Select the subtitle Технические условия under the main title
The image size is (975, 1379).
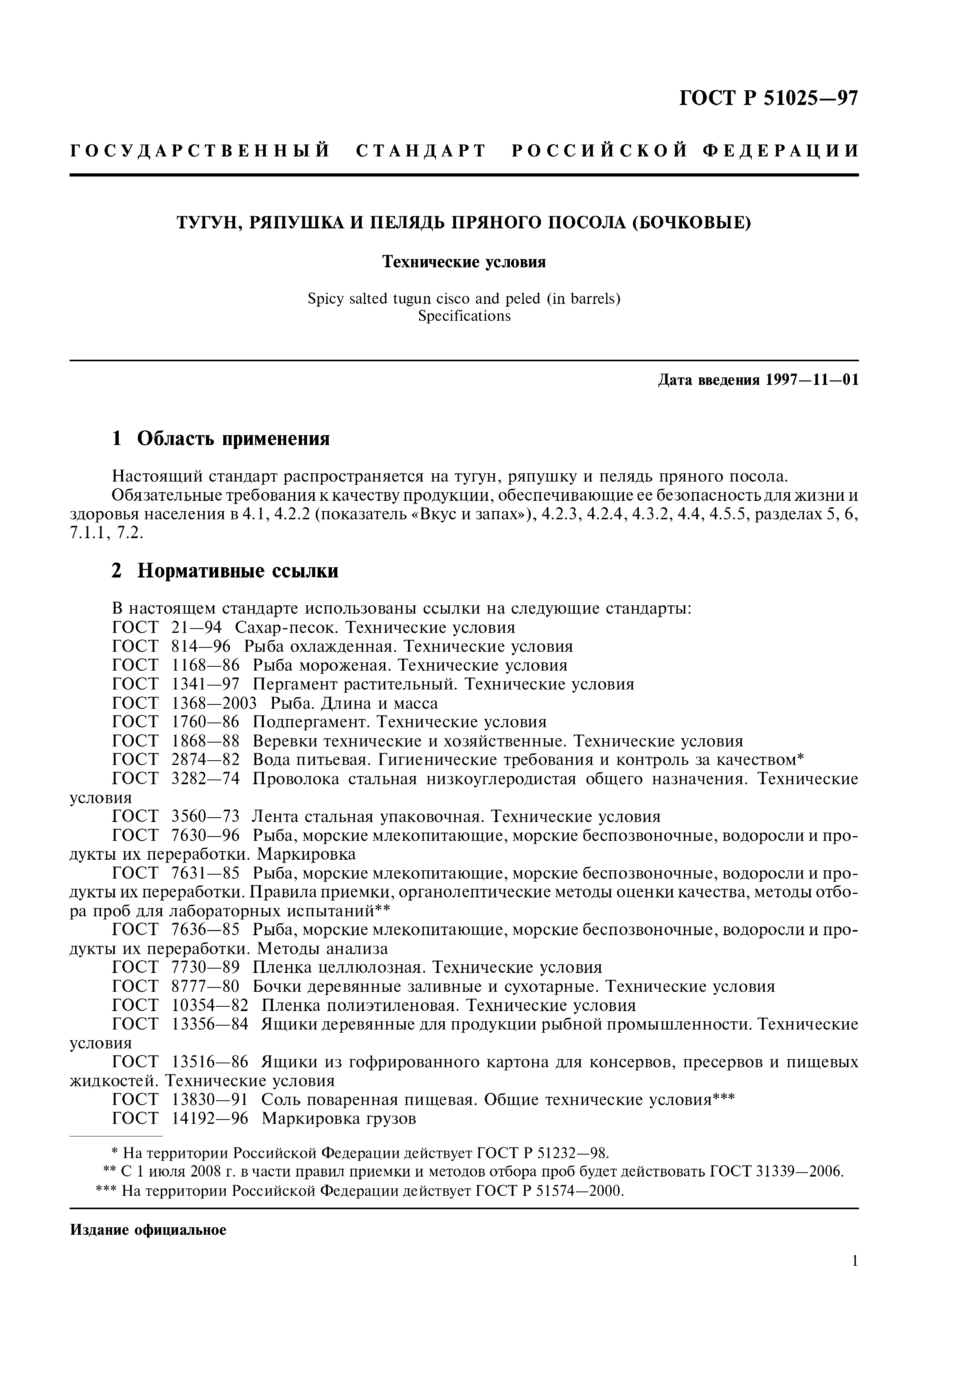click(x=464, y=263)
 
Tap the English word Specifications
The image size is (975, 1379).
click(x=464, y=316)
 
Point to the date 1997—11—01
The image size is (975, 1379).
click(x=811, y=380)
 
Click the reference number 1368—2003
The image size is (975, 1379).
click(x=214, y=703)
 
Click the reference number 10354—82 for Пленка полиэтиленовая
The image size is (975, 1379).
click(x=210, y=1006)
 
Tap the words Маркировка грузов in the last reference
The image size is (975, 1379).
click(x=339, y=1118)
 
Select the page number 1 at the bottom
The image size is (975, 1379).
click(x=854, y=1261)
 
